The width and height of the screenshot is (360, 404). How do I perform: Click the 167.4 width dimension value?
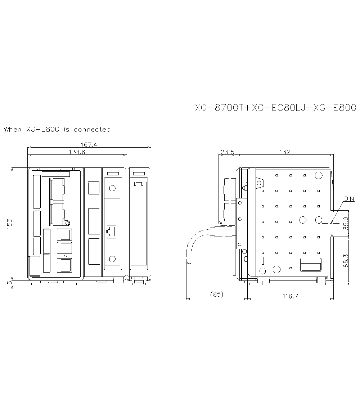[x=89, y=144]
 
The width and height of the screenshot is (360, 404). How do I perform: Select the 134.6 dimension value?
[x=77, y=152]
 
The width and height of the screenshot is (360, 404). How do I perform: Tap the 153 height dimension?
[x=9, y=223]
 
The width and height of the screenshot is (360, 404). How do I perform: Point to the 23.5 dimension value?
[x=227, y=152]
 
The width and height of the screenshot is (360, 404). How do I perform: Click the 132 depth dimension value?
[x=284, y=152]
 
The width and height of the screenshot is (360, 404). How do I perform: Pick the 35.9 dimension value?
[x=346, y=224]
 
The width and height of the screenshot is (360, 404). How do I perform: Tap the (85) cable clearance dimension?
[x=216, y=294]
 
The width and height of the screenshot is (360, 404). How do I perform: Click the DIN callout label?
[x=349, y=199]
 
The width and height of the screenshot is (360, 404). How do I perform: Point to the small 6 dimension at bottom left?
[x=9, y=283]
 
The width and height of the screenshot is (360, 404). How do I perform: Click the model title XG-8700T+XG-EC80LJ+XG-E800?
[x=275, y=108]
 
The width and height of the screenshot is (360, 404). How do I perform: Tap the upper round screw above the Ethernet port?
[x=112, y=188]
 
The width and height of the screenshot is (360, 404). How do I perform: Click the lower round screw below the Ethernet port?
[x=112, y=259]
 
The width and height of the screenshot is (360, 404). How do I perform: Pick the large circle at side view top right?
[x=318, y=175]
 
